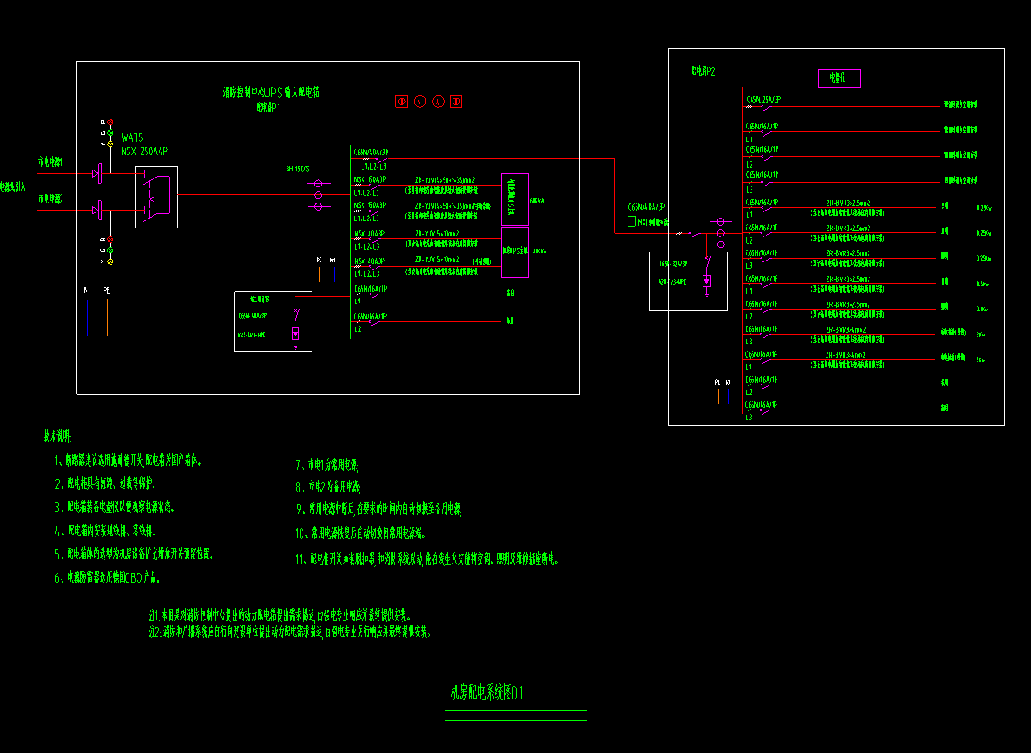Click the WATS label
132,137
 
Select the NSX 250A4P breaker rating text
145,152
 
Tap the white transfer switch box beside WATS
156,196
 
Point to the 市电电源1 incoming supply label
50,162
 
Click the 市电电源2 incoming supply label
50,199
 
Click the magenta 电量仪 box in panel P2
838,79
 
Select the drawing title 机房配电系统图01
486,693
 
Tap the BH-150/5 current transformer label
296,169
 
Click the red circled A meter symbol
438,102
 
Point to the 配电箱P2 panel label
703,70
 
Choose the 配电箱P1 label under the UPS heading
269,107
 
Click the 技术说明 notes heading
57,437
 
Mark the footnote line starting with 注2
290,632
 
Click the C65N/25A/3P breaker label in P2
764,99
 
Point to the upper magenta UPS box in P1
515,199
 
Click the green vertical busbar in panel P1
349,241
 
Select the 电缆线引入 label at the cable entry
12,187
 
